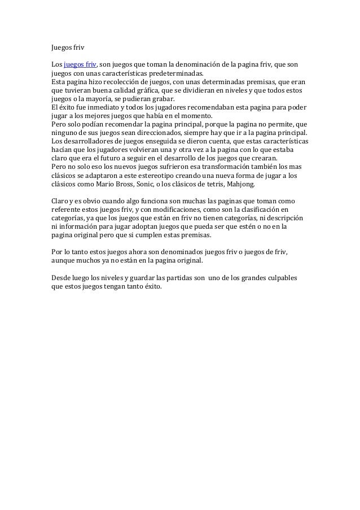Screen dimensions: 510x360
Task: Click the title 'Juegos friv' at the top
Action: point(67,49)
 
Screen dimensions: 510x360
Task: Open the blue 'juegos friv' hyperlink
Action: point(81,66)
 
